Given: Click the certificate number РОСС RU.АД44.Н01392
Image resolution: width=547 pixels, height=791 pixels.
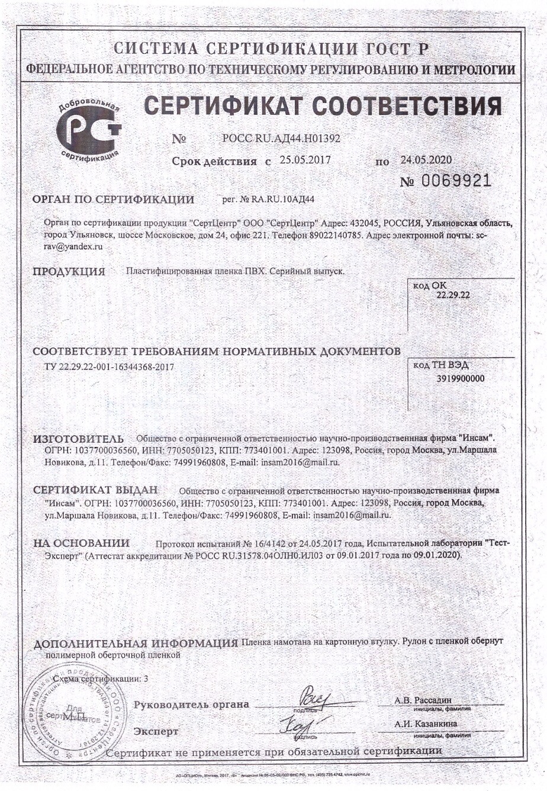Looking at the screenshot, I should tap(281, 139).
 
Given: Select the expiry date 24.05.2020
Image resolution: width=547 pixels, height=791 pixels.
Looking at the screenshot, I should tap(426, 159).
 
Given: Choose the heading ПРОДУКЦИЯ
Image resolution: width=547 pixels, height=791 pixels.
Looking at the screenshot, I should tap(69, 272).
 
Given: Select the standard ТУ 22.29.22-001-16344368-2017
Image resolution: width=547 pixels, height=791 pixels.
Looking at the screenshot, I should tap(110, 367).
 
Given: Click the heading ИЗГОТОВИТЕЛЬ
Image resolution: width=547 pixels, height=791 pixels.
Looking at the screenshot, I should tap(78, 439).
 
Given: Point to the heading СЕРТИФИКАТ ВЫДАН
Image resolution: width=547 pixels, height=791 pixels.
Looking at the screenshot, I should tap(95, 491).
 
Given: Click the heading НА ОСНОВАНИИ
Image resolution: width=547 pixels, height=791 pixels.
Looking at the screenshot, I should tap(81, 544).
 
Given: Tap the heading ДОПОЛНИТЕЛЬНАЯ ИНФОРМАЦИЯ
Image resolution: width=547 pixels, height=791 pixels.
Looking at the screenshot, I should tap(136, 644).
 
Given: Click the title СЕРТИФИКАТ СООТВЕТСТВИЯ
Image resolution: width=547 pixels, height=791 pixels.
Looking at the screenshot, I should tap(323, 107).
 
